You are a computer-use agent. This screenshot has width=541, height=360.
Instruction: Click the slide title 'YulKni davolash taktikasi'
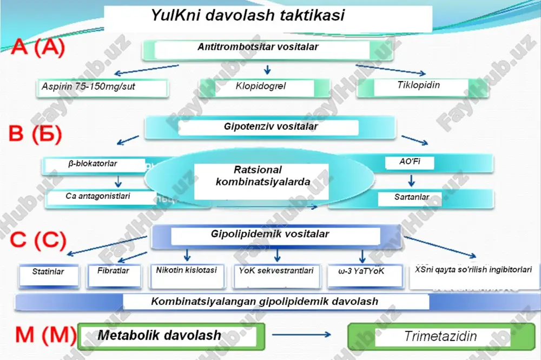248,15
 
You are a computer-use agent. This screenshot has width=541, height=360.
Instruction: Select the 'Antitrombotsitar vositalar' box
267,50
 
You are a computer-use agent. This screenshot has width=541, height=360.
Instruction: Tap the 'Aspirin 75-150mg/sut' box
102,88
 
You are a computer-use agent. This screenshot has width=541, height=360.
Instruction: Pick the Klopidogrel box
265,88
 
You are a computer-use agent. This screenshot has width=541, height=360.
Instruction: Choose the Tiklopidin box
423,87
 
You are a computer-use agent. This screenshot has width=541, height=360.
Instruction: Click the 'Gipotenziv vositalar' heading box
270,128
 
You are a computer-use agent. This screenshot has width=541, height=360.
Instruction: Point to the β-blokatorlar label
93,163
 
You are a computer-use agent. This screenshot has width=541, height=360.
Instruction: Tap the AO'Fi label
410,162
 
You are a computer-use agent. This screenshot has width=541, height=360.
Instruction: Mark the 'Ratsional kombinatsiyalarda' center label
262,176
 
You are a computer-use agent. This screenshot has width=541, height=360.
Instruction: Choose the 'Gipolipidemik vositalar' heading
270,234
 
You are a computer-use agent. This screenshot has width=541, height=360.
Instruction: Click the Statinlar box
49,276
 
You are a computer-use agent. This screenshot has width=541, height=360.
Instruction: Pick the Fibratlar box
114,275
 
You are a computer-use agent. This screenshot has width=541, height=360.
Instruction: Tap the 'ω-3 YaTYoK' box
365,275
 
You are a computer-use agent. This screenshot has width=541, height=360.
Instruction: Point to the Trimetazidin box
441,337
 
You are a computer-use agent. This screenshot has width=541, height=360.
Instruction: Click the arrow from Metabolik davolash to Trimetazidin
301,335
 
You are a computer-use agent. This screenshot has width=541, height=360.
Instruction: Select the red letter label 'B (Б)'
36,134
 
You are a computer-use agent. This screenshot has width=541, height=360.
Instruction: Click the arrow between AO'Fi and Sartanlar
411,180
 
